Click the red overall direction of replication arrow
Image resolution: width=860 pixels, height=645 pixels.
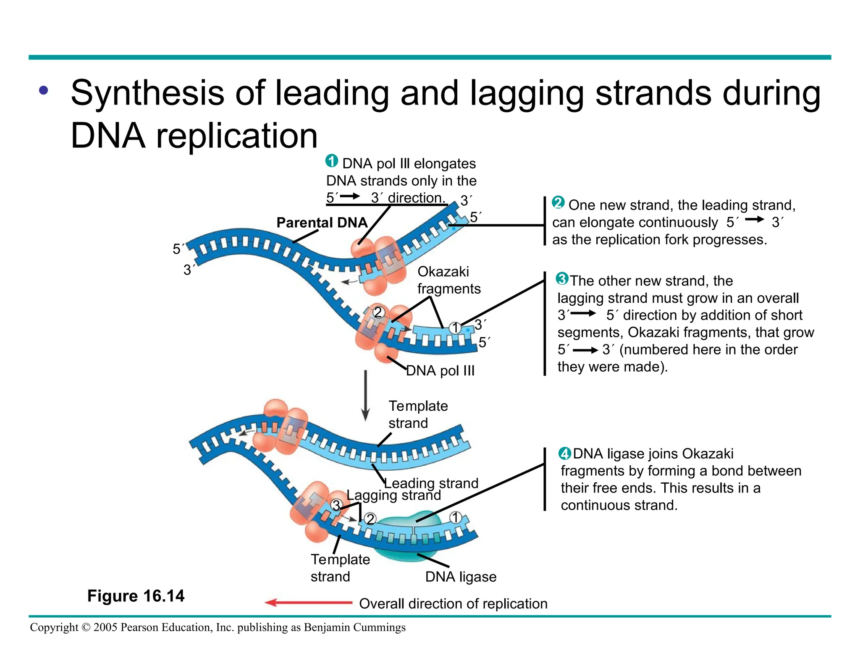[309, 603]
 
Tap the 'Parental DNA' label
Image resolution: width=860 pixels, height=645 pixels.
[322, 223]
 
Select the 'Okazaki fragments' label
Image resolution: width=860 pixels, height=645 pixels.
[448, 280]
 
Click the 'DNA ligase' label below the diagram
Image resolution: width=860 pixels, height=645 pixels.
[460, 577]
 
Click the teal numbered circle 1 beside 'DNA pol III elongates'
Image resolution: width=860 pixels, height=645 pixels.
[332, 161]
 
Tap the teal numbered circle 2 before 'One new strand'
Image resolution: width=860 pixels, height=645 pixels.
[558, 203]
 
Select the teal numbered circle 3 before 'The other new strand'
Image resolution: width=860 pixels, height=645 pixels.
[562, 278]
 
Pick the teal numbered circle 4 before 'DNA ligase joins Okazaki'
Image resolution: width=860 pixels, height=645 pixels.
[564, 454]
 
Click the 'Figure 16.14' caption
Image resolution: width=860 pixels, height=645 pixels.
[136, 596]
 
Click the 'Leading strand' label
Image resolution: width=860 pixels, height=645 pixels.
[431, 483]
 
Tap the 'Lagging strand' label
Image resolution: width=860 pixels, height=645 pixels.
[393, 495]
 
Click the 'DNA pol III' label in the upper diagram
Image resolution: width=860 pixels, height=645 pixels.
[440, 370]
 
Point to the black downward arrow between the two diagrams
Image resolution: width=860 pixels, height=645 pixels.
[365, 395]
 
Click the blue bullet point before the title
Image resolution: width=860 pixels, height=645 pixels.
[44, 90]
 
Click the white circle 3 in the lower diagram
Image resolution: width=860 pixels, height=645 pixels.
[336, 505]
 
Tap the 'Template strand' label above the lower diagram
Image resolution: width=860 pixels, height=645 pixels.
[418, 414]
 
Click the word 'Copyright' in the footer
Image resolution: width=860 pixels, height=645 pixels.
[54, 627]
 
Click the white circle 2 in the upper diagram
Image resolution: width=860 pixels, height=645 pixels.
[378, 312]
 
